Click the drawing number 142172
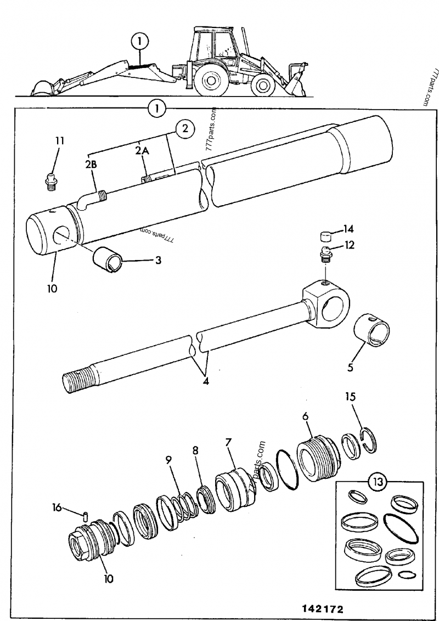pyautogui.click(x=323, y=609)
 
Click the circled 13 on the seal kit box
pyautogui.click(x=376, y=483)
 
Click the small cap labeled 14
pyautogui.click(x=327, y=238)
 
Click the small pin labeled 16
pyautogui.click(x=87, y=515)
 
